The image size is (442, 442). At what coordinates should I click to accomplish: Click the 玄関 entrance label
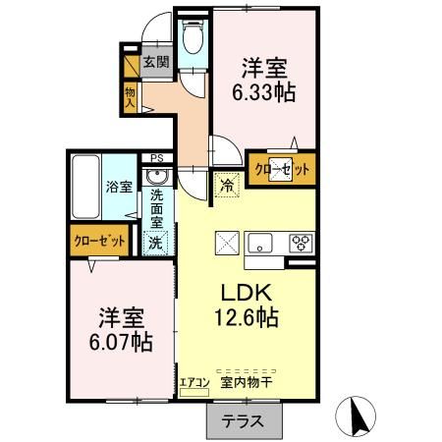pos(155,62)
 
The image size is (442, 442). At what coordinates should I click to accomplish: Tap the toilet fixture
pos(193,40)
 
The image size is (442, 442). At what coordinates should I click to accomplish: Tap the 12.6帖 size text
pos(243,318)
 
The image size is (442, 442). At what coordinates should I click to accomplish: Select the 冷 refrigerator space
pos(227,182)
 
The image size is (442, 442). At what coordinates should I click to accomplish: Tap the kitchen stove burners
pos(300,244)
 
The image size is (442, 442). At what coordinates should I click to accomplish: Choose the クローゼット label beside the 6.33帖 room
pos(283,169)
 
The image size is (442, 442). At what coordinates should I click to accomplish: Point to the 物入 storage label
pos(129,96)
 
